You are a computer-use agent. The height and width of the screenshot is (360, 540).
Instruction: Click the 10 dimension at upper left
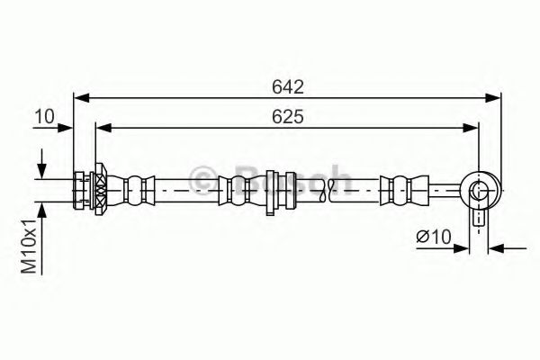tap(44, 116)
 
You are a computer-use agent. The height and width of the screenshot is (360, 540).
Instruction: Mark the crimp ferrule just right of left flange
tap(135, 189)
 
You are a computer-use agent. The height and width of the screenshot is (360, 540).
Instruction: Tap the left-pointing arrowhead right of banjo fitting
tap(495, 247)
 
